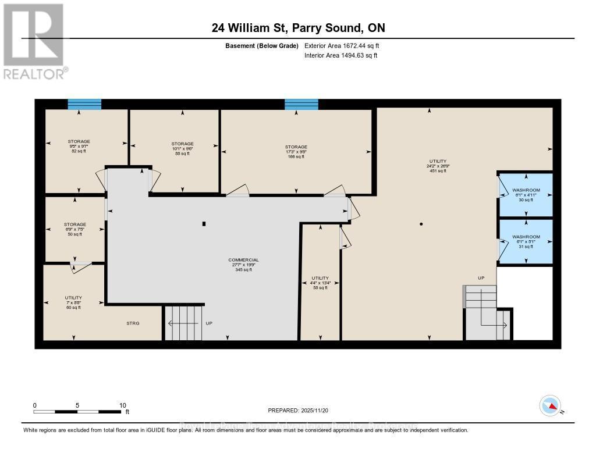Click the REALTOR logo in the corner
click(x=34, y=41)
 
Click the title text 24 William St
click(x=297, y=28)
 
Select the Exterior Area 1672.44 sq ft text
click(x=342, y=45)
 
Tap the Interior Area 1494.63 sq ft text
click(x=340, y=56)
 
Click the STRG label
click(x=133, y=323)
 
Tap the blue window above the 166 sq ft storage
click(x=301, y=104)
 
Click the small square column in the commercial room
click(x=203, y=223)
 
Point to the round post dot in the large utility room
click(x=421, y=224)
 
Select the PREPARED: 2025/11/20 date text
click(x=298, y=410)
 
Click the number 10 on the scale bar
click(x=122, y=405)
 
